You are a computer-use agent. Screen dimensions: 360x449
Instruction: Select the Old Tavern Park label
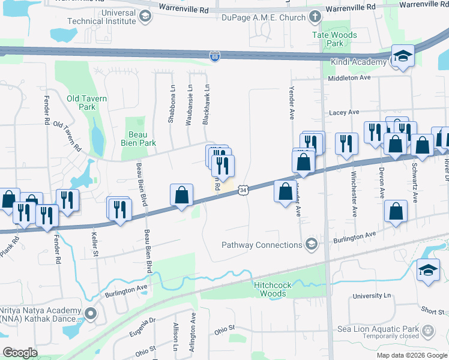[87, 103]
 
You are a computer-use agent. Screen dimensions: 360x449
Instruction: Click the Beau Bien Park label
[140, 139]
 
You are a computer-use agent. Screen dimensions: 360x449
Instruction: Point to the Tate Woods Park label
[335, 39]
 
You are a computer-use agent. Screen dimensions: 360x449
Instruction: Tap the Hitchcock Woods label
[270, 289]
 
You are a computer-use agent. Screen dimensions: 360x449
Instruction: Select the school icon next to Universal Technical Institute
[144, 16]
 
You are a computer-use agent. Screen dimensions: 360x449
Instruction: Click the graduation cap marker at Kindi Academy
[403, 57]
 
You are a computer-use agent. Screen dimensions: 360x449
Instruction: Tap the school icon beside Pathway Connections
[311, 244]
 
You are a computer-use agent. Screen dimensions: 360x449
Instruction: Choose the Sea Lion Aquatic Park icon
[427, 329]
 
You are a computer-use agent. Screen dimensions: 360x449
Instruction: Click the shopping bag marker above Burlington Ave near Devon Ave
[396, 211]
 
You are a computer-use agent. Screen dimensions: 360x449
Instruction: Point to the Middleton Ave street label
[349, 78]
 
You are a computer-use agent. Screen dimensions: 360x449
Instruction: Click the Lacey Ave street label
[343, 112]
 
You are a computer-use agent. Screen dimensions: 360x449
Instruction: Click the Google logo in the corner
[20, 352]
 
